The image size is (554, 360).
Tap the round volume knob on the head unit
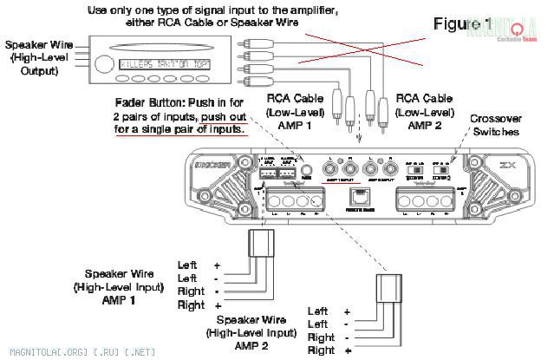point(103,63)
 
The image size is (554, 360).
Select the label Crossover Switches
point(495,125)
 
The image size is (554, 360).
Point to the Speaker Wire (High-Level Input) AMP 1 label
point(116,287)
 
